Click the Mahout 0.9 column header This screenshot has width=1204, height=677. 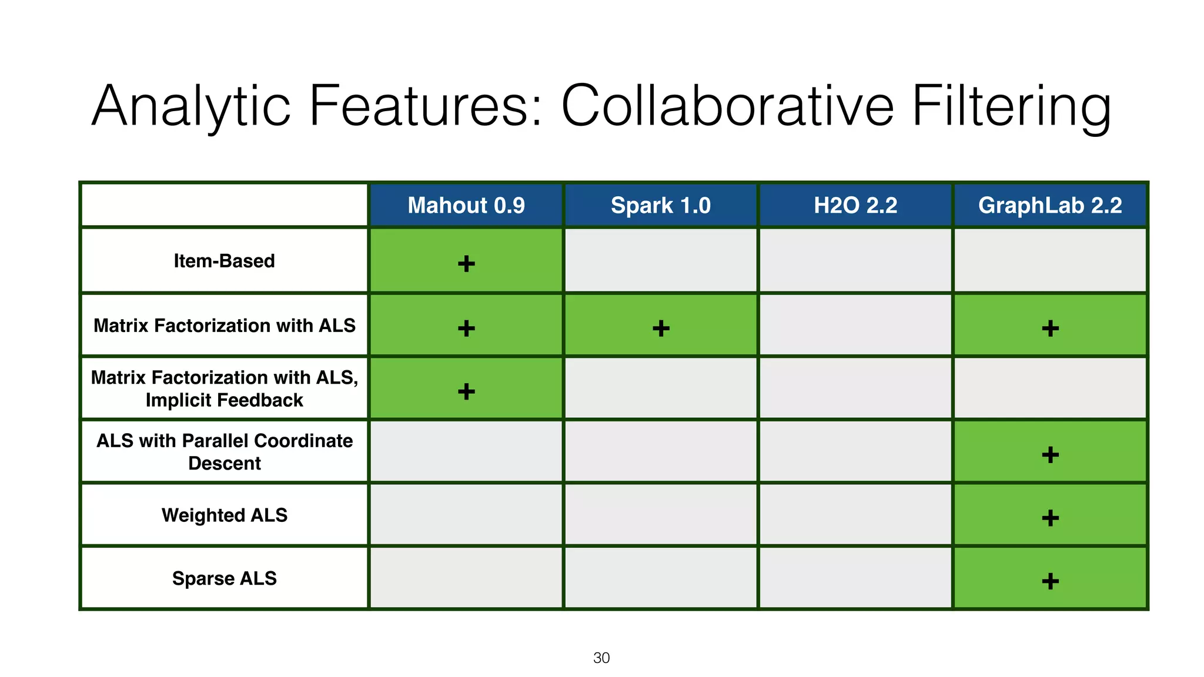tap(466, 206)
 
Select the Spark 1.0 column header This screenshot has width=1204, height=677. tap(661, 206)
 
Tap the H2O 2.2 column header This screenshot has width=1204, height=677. tap(855, 206)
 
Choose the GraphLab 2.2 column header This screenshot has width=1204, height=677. tap(1050, 206)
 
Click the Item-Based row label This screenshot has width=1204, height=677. tap(224, 261)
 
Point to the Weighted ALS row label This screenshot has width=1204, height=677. tap(224, 515)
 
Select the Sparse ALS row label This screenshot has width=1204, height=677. tap(224, 579)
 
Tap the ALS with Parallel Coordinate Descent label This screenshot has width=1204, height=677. tap(224, 452)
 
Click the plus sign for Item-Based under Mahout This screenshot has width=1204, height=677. tap(466, 263)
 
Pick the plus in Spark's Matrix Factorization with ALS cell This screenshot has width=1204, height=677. tap(661, 328)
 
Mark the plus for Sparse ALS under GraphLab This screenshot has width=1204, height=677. tap(1050, 581)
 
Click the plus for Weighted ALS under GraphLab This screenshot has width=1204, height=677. tap(1050, 518)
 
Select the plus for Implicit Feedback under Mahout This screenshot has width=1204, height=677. tap(466, 391)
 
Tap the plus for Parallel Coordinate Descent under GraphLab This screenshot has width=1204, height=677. tap(1050, 454)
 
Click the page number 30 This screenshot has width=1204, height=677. tap(601, 658)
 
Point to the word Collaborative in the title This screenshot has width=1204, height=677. tap(727, 106)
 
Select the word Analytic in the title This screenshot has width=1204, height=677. tap(191, 106)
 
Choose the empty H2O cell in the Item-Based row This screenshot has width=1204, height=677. tap(855, 260)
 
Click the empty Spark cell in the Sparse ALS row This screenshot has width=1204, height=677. tap(661, 578)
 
